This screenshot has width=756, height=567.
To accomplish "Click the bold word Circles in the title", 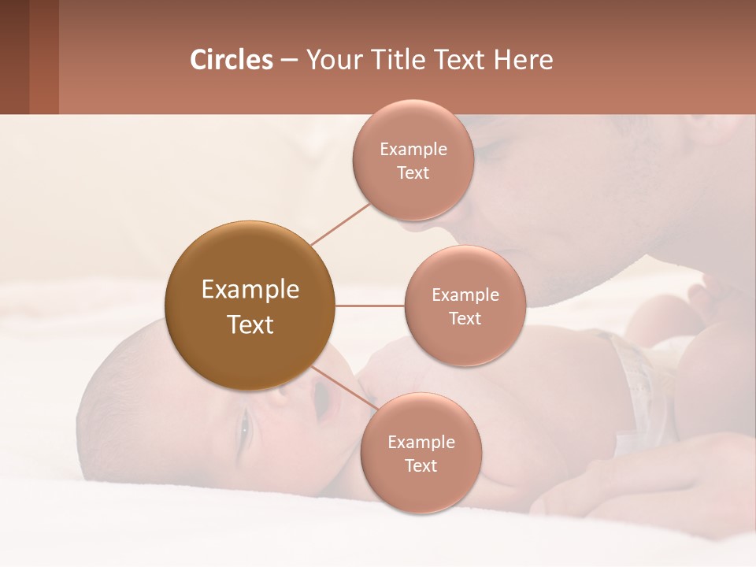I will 231,60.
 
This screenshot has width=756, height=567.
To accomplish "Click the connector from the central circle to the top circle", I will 339,224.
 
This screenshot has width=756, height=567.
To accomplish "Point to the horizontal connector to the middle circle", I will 369,306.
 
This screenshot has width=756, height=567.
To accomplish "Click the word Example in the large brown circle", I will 250,290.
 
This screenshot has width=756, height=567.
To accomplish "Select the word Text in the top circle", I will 413,173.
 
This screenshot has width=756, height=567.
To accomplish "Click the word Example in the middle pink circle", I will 465,295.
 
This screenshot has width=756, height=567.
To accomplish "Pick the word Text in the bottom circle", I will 421,466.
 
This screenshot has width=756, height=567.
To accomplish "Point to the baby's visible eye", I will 244,427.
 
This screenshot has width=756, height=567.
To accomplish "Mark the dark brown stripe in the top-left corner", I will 14,57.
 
